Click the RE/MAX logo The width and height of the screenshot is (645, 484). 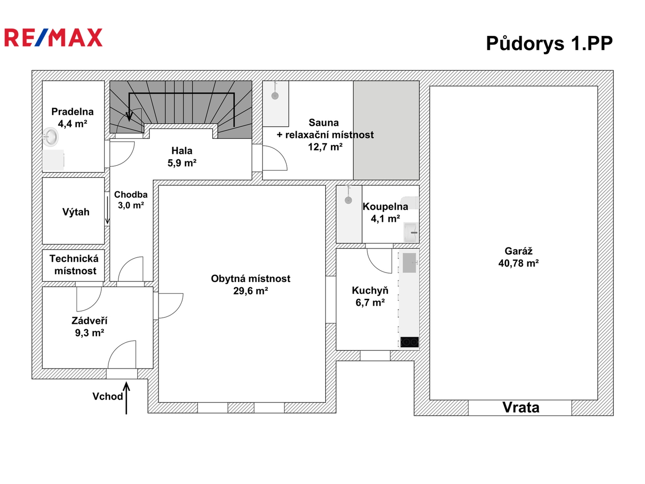(53, 38)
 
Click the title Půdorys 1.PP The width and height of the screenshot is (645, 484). (549, 43)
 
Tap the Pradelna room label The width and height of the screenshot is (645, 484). (72, 112)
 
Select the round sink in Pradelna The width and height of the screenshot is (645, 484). (51, 137)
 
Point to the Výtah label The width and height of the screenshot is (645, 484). (76, 212)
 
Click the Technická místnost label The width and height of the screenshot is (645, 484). (74, 264)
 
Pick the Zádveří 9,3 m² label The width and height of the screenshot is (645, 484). (89, 327)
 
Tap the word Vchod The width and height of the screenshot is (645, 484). (107, 397)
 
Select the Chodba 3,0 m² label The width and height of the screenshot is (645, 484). (131, 200)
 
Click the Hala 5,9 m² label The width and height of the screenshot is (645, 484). (182, 157)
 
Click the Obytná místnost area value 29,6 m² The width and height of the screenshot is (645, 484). (250, 291)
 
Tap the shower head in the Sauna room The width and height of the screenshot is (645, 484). (275, 95)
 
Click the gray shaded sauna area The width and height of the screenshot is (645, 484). (386, 130)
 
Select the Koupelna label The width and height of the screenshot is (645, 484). (385, 207)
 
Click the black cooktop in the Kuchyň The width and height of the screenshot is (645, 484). (410, 342)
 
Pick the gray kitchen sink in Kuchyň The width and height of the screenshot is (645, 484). (409, 263)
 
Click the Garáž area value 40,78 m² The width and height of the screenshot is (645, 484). (518, 263)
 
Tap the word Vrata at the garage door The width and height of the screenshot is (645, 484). (520, 407)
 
